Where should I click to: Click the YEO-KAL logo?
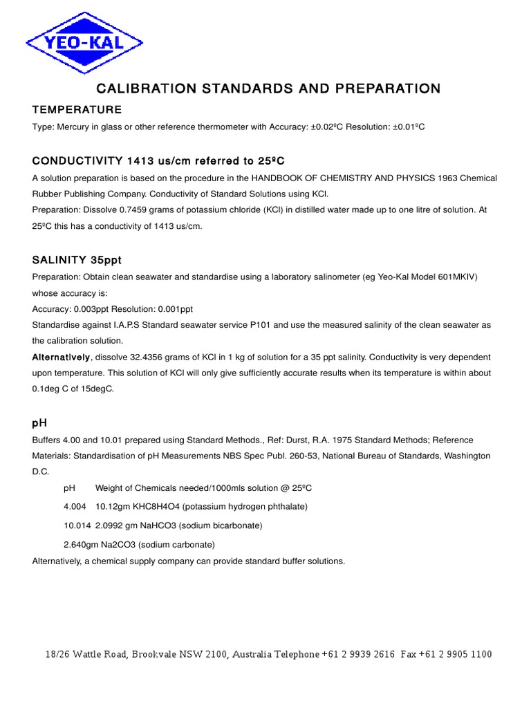point(84,43)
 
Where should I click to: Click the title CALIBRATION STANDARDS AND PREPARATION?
point(268,88)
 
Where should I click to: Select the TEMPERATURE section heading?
point(77,110)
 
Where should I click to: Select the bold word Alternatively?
point(61,357)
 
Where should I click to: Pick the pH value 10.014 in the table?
point(77,525)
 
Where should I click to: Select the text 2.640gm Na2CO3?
point(104,544)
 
